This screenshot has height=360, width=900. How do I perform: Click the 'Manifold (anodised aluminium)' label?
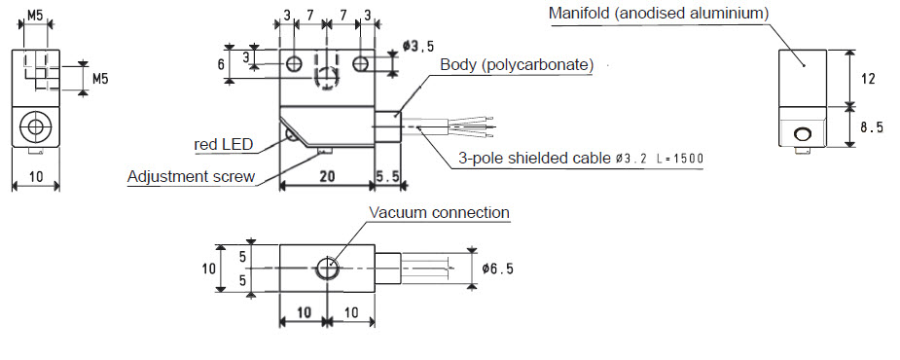pyautogui.click(x=659, y=14)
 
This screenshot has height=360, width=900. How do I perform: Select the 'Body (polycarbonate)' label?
pyautogui.click(x=517, y=65)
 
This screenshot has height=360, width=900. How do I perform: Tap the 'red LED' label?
pyautogui.click(x=224, y=145)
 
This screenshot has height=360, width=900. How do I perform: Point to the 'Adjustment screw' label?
pyautogui.click(x=191, y=176)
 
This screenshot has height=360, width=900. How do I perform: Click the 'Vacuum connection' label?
pyautogui.click(x=439, y=212)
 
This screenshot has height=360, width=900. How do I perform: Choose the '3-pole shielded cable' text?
pyautogui.click(x=534, y=158)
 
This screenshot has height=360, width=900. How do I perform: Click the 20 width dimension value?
pyautogui.click(x=327, y=177)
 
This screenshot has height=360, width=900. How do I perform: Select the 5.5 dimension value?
pyautogui.click(x=387, y=177)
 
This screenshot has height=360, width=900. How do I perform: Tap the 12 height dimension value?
pyautogui.click(x=869, y=79)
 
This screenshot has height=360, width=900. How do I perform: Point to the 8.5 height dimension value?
pyautogui.click(x=872, y=127)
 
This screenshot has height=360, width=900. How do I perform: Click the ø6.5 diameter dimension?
pyautogui.click(x=497, y=269)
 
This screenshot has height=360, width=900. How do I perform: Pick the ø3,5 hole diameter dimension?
pyautogui.click(x=417, y=47)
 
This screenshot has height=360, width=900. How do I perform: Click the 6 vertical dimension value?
pyautogui.click(x=221, y=64)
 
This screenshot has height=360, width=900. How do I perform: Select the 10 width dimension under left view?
pyautogui.click(x=36, y=177)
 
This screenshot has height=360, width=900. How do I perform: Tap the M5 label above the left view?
pyautogui.click(x=35, y=15)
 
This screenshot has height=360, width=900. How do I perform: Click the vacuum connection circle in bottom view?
pyautogui.click(x=327, y=267)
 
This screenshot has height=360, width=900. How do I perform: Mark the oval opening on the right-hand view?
pyautogui.click(x=802, y=134)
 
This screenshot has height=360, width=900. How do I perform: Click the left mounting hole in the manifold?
pyautogui.click(x=295, y=63)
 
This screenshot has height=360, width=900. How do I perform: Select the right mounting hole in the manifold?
pyautogui.click(x=360, y=63)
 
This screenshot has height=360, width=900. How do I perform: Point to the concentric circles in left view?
pyautogui.click(x=36, y=126)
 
